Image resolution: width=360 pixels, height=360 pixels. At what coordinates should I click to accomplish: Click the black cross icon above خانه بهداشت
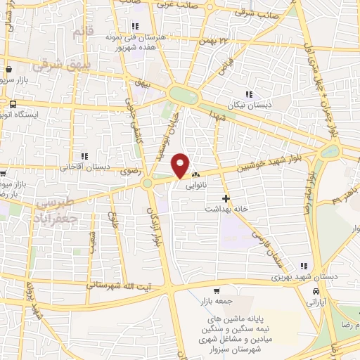[x=225, y=199]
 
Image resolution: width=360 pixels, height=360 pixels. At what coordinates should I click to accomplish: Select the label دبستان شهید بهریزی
[x=307, y=276]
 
